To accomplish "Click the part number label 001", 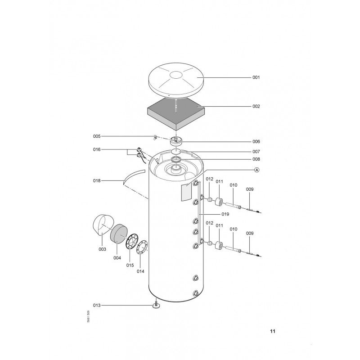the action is [x=256, y=77].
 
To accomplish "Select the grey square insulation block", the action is [x=175, y=115].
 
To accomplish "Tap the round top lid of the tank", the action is [x=176, y=80].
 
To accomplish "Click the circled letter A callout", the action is [x=257, y=170].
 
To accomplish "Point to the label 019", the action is [x=225, y=214].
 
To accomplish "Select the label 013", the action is [x=97, y=306].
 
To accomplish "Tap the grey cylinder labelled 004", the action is [x=119, y=234].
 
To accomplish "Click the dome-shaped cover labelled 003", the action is [x=103, y=225].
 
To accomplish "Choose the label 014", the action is [x=140, y=271].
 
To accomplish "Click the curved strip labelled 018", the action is [x=134, y=175].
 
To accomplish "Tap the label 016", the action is [x=97, y=149].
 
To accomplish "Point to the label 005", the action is [x=97, y=136].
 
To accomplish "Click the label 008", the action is [x=256, y=159].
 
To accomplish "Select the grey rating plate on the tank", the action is [x=186, y=192].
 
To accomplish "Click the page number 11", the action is [x=273, y=331].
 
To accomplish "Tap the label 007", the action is [x=256, y=152].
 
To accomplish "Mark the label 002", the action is [x=256, y=106].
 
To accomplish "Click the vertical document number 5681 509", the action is [x=88, y=317].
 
